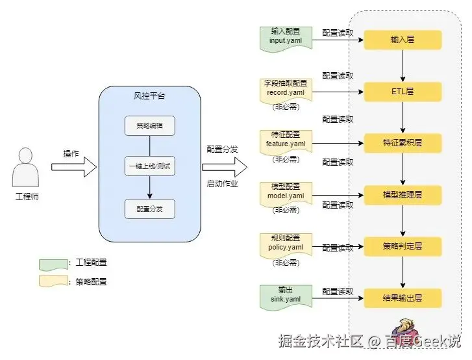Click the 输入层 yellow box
tap(403, 40)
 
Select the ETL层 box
tap(403, 92)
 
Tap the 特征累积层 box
tap(403, 142)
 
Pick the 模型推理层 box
tap(403, 194)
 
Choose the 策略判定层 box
tap(403, 246)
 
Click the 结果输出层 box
tap(403, 298)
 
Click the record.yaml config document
tap(286, 89)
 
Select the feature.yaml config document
tap(286, 140)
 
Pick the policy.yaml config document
tap(286, 244)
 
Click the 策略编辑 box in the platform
tap(150, 125)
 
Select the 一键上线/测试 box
tap(150, 166)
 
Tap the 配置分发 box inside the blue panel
tap(150, 209)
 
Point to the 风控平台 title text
tap(149, 96)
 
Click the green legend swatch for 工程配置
tap(54, 264)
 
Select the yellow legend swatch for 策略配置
tap(54, 281)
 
